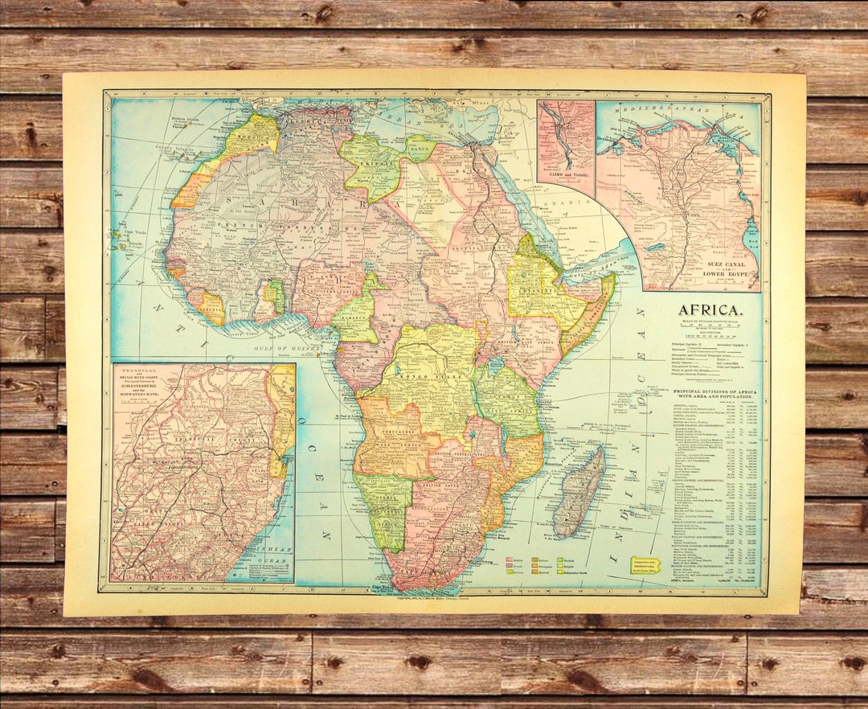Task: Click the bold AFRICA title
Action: point(710,309)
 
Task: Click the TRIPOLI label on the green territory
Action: point(371,161)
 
